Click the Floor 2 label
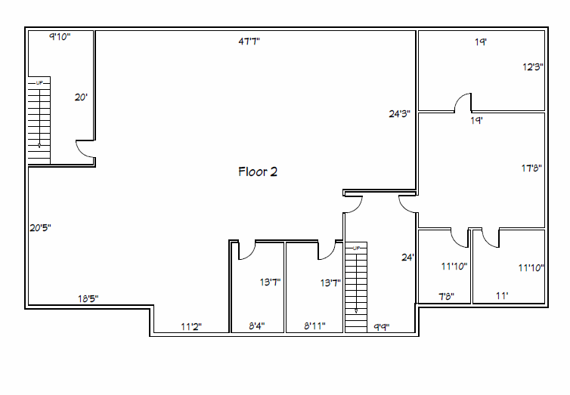pos(258,171)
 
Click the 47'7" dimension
pos(249,42)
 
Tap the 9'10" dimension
pos(60,36)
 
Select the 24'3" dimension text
pos(399,113)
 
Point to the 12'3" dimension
pos(533,66)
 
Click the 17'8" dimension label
pos(531,168)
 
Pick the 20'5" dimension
pos(40,227)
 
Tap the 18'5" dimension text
pos(88,298)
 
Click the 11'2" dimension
pos(191,327)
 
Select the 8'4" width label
pos(256,326)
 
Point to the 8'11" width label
pos(314,326)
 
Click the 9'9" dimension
pos(382,327)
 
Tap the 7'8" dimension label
pos(447,297)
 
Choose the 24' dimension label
pos(408,258)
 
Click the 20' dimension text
pos(81,97)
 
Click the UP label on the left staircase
pos(39,83)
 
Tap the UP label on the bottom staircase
pos(356,248)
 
